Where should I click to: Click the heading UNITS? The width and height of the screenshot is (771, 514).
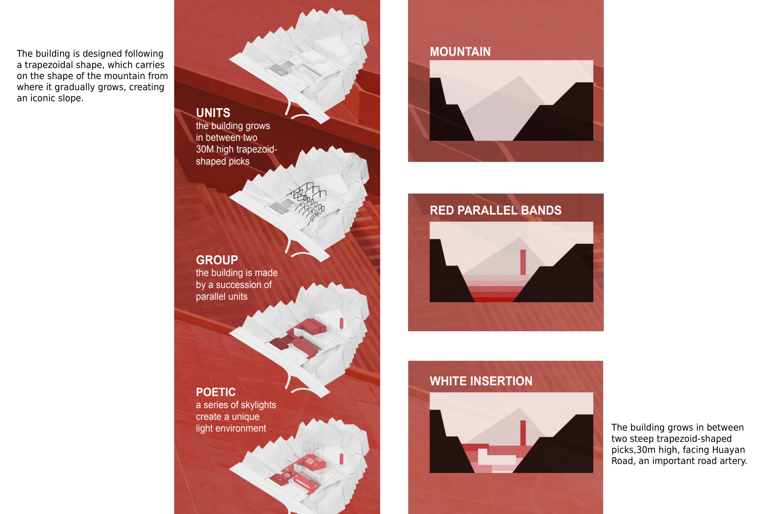tap(213, 113)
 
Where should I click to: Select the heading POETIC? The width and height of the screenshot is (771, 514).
tap(216, 392)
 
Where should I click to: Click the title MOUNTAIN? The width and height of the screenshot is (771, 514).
tap(460, 52)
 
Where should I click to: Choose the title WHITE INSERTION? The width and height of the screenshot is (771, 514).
tap(481, 381)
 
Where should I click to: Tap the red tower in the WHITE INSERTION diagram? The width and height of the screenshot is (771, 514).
tap(523, 433)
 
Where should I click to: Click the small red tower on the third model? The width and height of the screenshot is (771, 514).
tap(341, 323)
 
